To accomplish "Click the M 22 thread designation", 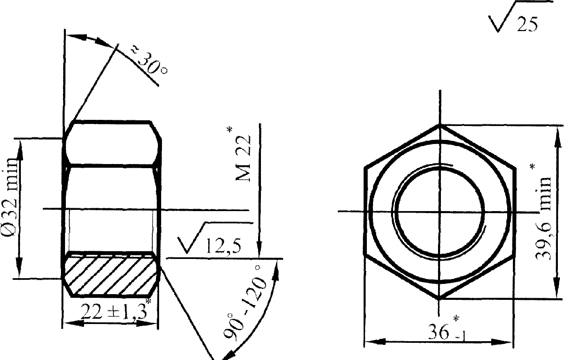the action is pos(243,158).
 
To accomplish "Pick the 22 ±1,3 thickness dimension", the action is pos(114,312).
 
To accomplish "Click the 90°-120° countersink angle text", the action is pos(245,302).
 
